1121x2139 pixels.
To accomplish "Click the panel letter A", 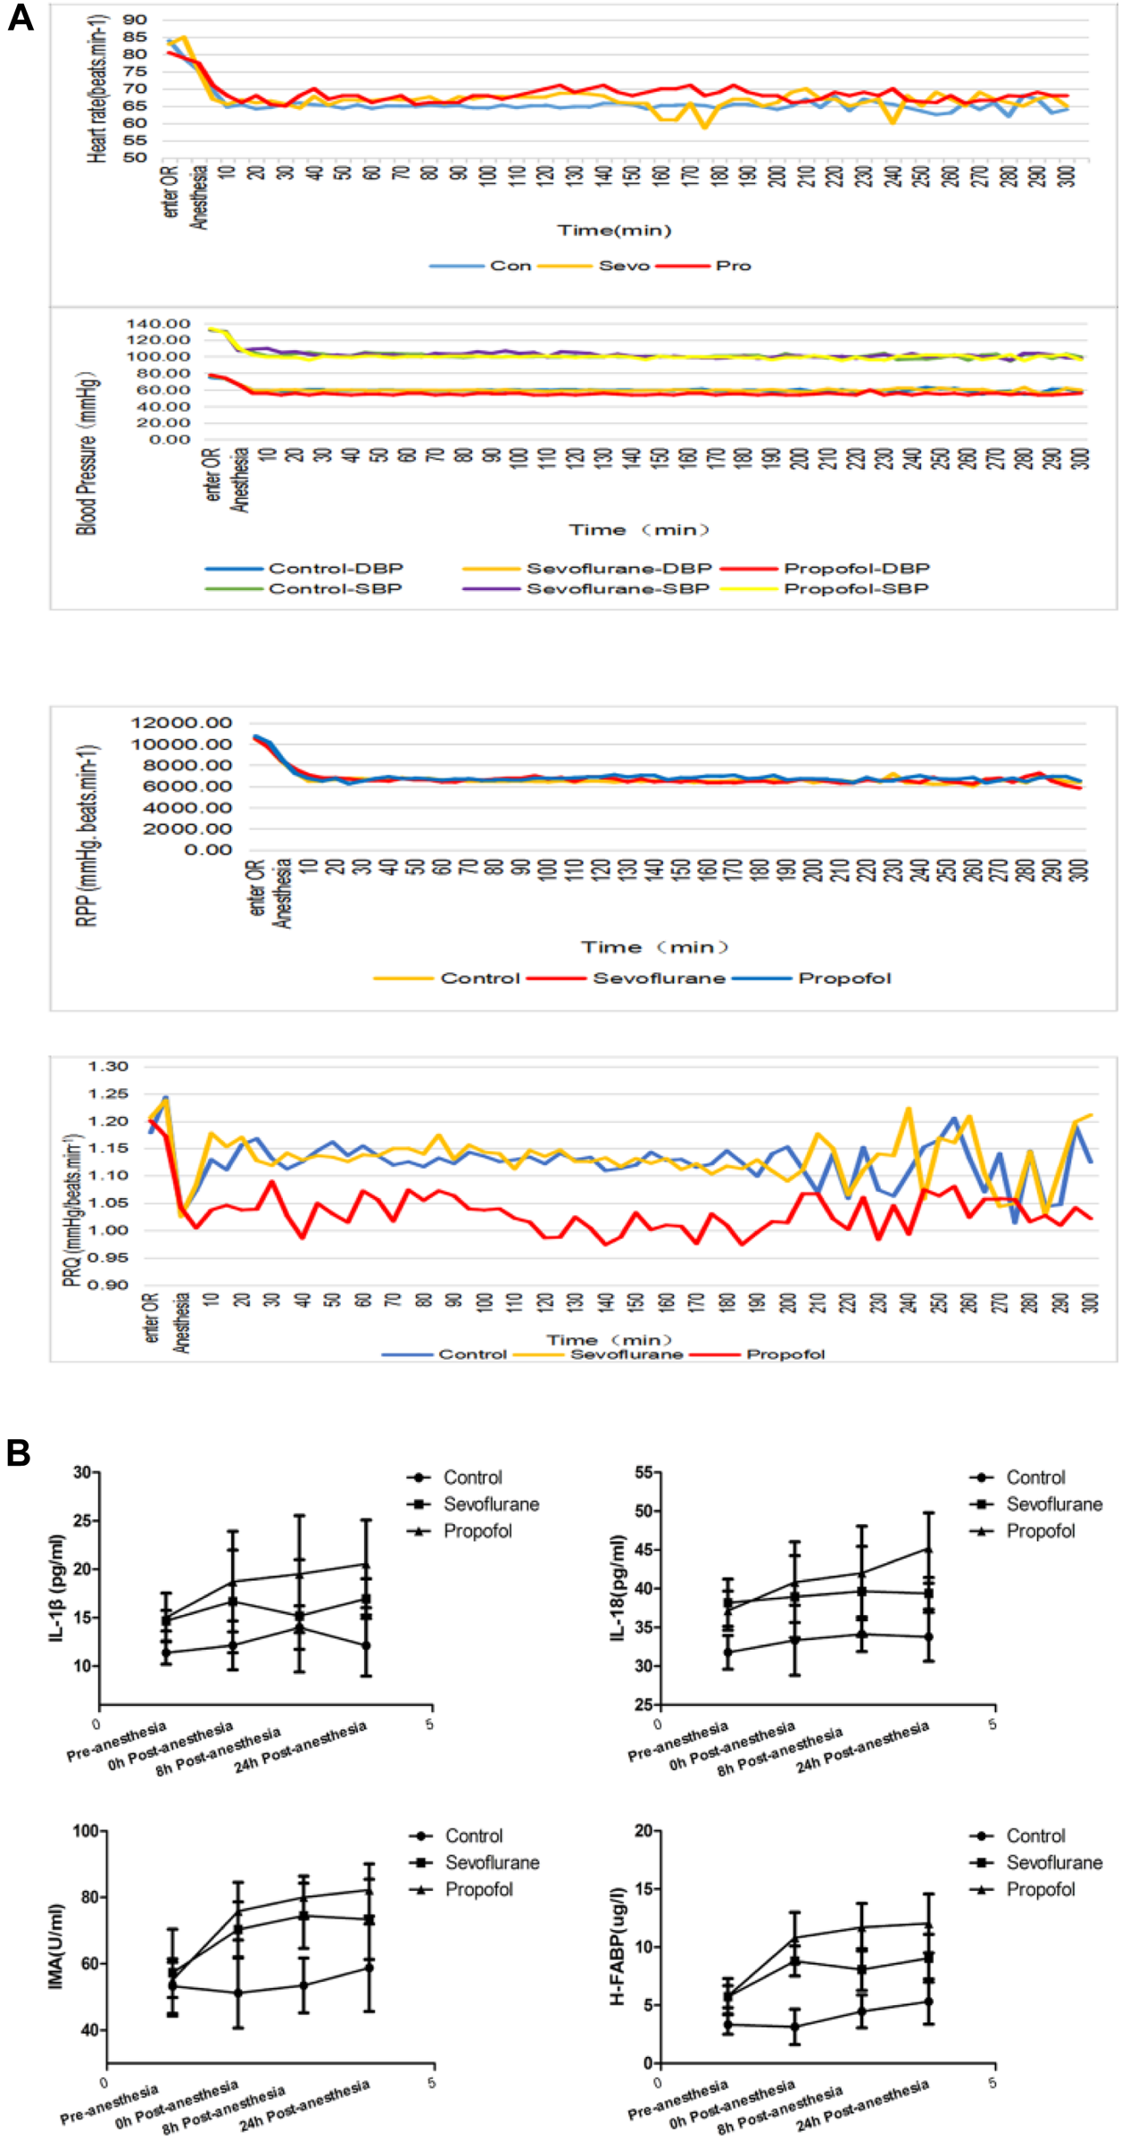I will (x=21, y=17).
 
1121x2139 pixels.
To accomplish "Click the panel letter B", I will (x=19, y=1452).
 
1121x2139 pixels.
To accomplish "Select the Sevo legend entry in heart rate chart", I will (x=623, y=266).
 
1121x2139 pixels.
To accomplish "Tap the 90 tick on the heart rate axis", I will (x=136, y=20).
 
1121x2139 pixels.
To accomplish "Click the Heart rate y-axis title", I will (x=97, y=89).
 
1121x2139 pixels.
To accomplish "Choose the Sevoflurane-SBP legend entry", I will (x=618, y=588).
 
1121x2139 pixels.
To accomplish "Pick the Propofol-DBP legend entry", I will (x=856, y=569).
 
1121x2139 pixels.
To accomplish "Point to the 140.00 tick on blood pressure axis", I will (x=159, y=323).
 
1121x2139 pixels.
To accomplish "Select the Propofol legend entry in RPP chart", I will (x=843, y=978).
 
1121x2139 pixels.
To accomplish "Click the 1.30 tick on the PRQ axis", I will (x=108, y=1067).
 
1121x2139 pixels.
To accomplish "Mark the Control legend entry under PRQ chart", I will (x=472, y=1354).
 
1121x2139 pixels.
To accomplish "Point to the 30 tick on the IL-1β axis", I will (x=82, y=1472).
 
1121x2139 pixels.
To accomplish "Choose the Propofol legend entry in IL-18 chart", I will (x=1040, y=1531).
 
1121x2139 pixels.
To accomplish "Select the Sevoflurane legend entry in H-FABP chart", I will (x=1053, y=1863).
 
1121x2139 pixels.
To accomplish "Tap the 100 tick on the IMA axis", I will (x=87, y=1832).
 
